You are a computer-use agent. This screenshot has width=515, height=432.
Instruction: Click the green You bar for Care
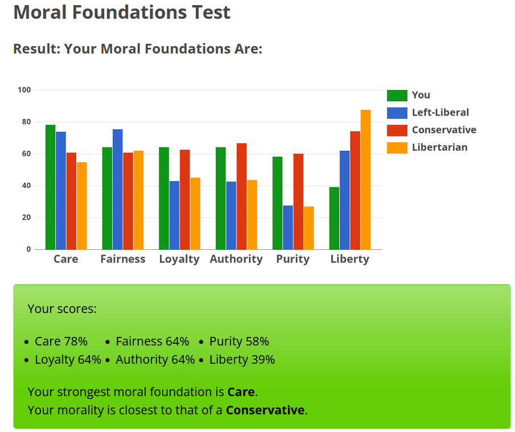(50, 187)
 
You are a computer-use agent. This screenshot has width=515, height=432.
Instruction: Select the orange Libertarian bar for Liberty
(365, 180)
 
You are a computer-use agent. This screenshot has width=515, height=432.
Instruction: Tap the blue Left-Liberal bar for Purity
(288, 227)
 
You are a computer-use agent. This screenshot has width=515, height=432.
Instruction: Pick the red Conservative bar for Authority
(241, 196)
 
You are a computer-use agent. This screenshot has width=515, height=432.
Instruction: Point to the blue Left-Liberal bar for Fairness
(118, 189)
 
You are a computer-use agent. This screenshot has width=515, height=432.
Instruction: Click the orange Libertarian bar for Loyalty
(195, 213)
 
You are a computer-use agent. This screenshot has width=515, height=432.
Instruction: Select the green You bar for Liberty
(334, 218)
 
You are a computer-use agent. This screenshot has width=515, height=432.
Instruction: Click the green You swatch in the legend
(397, 95)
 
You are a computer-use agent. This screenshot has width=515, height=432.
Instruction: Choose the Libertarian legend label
(439, 147)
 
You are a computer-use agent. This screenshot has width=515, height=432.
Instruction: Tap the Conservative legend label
(444, 130)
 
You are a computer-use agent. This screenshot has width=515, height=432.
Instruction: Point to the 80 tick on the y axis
(26, 122)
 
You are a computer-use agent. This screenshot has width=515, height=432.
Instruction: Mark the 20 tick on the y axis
(26, 217)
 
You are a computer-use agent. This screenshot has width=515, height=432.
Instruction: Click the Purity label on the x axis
(292, 259)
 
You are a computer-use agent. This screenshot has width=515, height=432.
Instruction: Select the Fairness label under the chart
(123, 259)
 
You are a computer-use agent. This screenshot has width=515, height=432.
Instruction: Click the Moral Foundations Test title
(122, 12)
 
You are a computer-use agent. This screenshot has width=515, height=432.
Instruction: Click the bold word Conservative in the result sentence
(265, 410)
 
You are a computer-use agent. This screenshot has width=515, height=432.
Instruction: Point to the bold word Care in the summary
(241, 392)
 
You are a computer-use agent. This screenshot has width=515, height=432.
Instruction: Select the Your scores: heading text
(62, 309)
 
